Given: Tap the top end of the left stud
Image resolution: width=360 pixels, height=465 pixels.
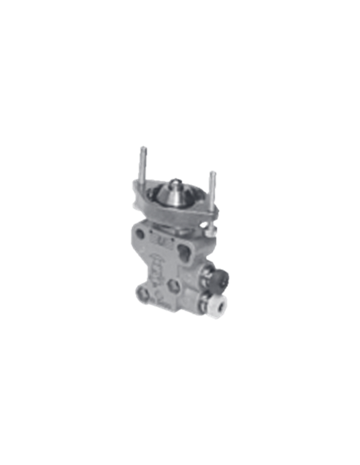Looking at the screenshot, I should (x=143, y=147).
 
